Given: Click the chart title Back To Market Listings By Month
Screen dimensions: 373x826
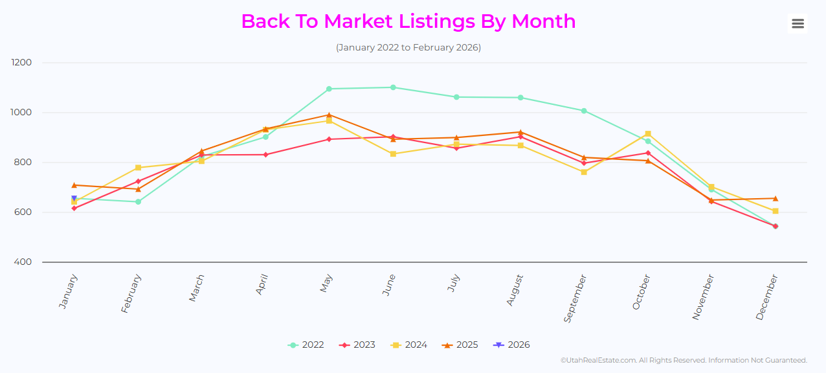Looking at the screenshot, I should pos(408,21).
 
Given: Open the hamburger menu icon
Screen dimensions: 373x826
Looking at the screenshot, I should pos(798,24).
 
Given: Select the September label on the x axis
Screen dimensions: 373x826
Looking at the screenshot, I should pos(575,298).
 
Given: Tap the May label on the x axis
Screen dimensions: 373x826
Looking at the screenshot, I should pos(326,283).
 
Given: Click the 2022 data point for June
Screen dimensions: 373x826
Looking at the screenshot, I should pos(393,87).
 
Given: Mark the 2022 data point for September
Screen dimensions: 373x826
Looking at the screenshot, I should pos(584,111).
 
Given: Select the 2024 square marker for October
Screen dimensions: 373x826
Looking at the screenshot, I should pos(648,134).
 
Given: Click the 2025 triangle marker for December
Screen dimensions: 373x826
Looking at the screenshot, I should pos(775,198).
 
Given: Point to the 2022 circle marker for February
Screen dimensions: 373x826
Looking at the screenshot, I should pos(138,202).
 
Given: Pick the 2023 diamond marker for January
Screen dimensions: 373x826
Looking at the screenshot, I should pos(74,208).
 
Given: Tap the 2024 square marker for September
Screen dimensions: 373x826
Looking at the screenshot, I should pos(584,172).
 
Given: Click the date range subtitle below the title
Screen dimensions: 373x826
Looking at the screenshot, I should pos(408,48).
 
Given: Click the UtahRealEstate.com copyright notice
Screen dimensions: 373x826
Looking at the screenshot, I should pos(684,360).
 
